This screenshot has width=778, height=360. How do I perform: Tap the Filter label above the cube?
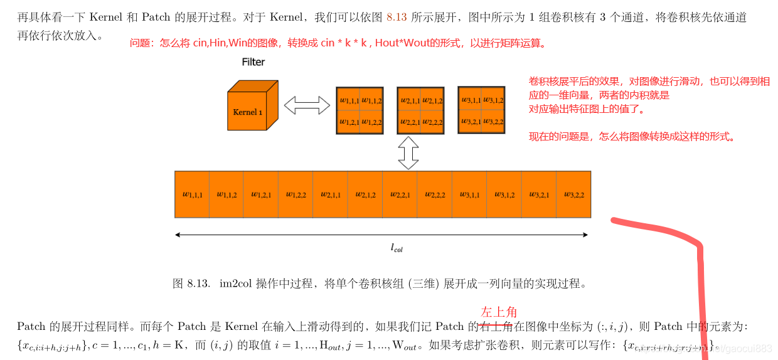(x=253, y=62)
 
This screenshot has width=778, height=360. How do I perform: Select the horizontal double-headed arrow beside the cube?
(x=307, y=105)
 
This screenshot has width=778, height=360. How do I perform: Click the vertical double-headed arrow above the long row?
(x=408, y=152)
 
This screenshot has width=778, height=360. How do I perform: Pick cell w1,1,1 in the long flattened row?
(x=192, y=194)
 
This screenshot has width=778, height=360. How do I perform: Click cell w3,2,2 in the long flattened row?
(x=573, y=194)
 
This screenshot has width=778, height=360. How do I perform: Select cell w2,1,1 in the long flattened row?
(x=331, y=194)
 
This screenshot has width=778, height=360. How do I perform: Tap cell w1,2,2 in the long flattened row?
(x=296, y=194)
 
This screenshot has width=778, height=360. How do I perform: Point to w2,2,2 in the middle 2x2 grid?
(x=432, y=122)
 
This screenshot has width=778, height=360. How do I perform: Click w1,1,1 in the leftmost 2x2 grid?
(x=349, y=100)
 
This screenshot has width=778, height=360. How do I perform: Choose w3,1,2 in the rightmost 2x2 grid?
(x=493, y=100)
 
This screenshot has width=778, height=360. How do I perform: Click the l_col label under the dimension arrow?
(x=397, y=248)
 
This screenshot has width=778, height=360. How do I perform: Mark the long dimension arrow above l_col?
(x=381, y=235)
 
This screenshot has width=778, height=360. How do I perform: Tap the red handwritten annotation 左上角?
(x=499, y=312)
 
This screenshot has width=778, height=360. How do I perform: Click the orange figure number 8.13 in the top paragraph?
(x=397, y=18)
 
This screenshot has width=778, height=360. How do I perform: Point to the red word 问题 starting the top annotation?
(x=141, y=43)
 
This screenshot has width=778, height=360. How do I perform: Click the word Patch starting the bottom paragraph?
(x=31, y=326)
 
